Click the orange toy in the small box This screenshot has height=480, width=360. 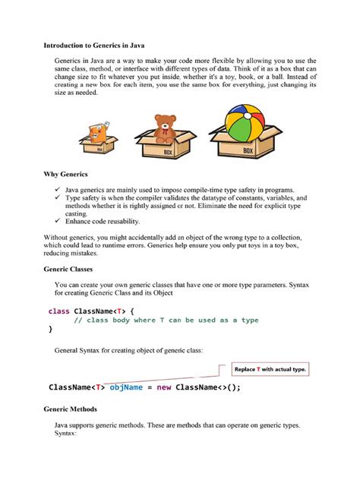click(x=96, y=134)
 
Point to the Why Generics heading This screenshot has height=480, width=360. click(x=66, y=174)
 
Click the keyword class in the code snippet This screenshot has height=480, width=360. click(x=58, y=311)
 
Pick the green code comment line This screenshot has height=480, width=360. click(x=166, y=321)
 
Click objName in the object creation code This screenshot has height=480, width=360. click(x=126, y=387)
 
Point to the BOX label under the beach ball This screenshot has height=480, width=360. click(x=248, y=151)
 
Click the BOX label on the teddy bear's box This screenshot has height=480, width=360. click(x=169, y=153)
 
